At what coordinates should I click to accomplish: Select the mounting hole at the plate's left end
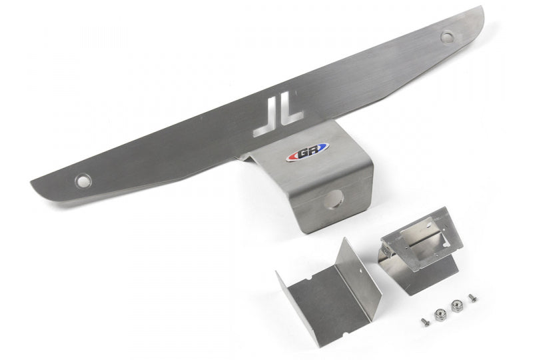pos(83,180)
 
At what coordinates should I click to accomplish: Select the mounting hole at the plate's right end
pos(447,37)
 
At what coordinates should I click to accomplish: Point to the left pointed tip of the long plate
pos(33,181)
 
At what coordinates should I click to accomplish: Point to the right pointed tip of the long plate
pos(481,9)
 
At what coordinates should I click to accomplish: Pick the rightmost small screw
pos(472,297)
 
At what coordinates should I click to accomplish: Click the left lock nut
pos(440,314)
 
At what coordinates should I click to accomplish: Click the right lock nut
pos(456,305)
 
